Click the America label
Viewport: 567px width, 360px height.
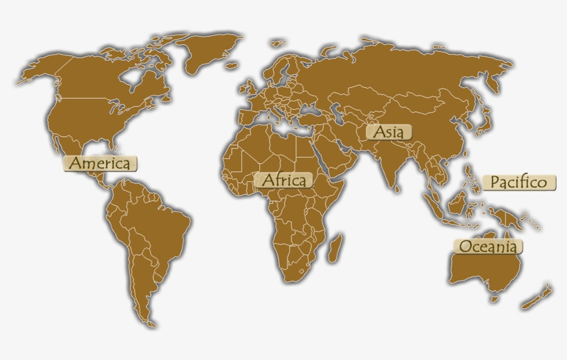(x=101, y=164)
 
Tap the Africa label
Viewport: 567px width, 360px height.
(x=283, y=180)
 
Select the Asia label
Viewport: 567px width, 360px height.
(x=389, y=131)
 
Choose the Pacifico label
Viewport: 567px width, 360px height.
(x=519, y=182)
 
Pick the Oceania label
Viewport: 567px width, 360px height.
(x=487, y=246)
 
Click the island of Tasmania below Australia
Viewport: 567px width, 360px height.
(x=494, y=298)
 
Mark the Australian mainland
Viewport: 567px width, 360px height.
(x=481, y=269)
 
